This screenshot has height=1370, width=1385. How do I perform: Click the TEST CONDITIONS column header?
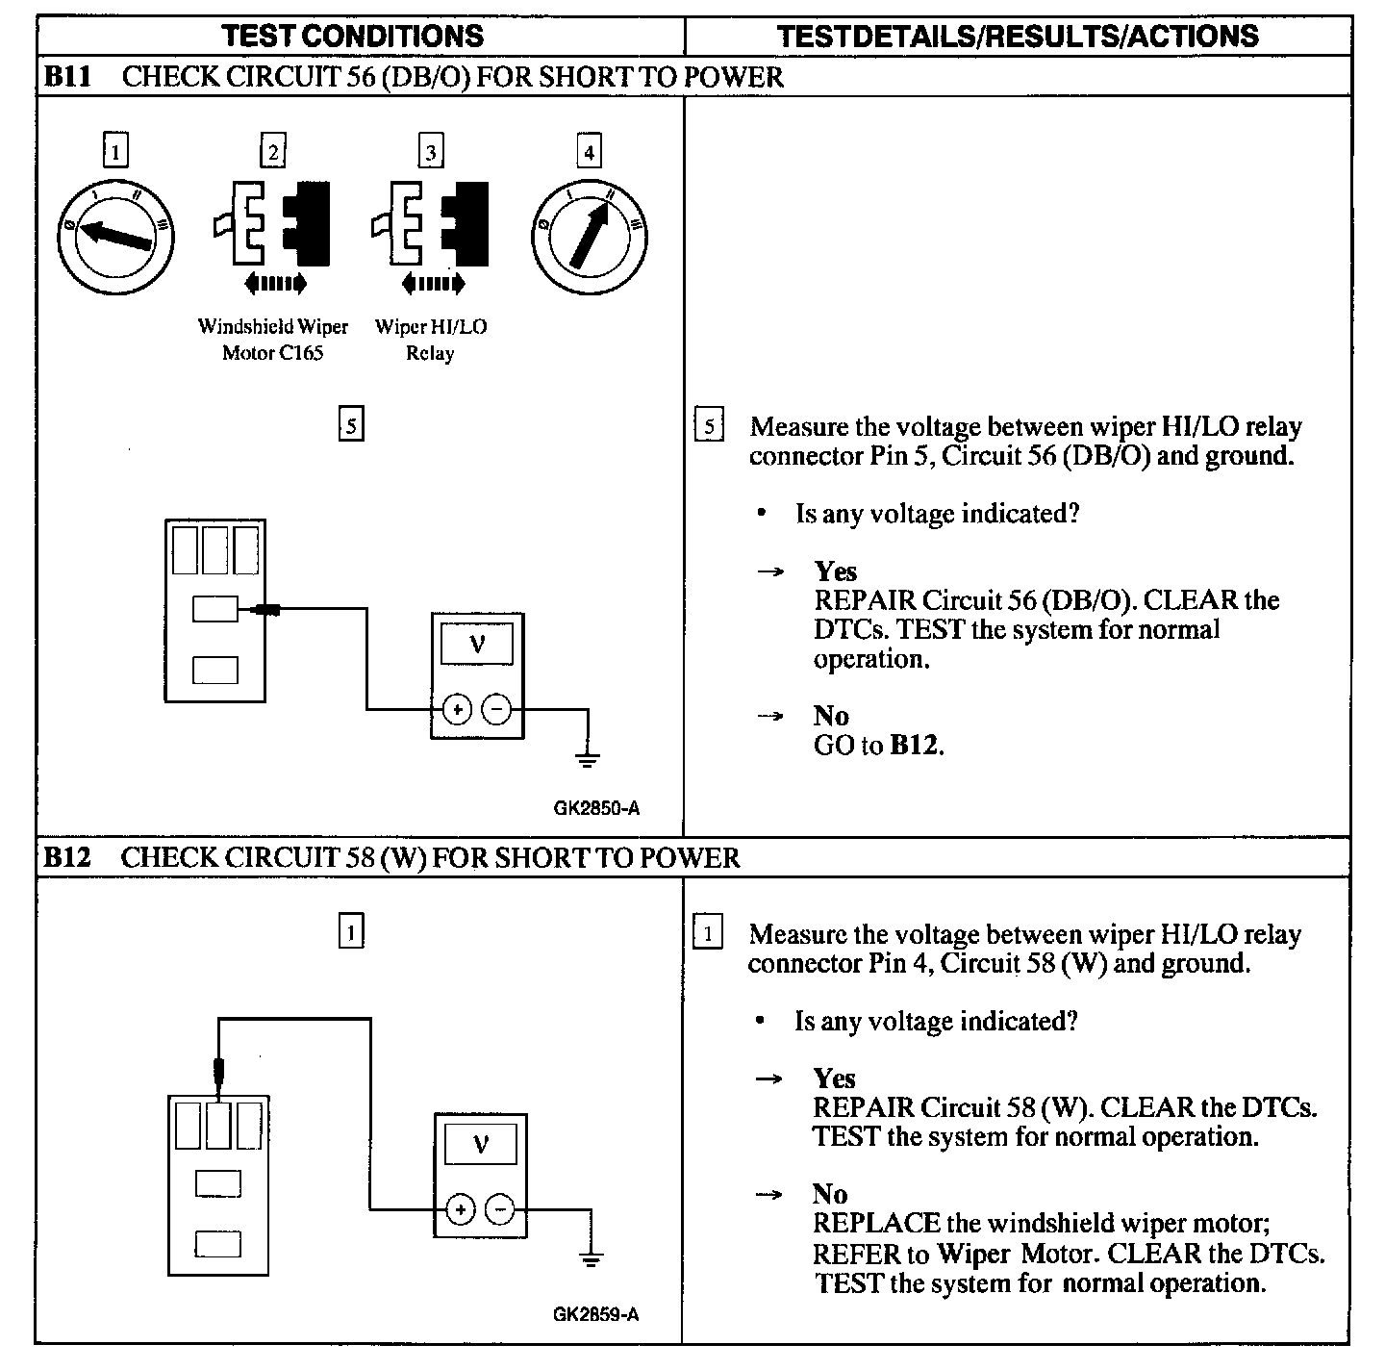352,37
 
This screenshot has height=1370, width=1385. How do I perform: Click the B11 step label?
66,77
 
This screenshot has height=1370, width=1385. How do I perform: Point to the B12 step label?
66,857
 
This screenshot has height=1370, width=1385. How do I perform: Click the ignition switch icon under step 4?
590,235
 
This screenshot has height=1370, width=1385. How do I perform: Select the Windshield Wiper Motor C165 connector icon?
273,224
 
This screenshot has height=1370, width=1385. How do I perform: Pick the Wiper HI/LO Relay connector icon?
430,224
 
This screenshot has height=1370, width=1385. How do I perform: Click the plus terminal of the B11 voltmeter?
458,710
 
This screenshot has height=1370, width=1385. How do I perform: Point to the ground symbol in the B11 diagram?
588,759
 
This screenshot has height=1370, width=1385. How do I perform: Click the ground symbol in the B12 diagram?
590,1257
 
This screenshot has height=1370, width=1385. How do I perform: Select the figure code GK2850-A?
596,808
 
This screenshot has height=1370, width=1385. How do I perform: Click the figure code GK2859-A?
596,1314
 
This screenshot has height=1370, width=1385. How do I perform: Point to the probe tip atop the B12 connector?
220,1069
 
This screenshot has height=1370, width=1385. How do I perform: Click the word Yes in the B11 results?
835,571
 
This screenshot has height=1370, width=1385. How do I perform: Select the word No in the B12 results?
830,1194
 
